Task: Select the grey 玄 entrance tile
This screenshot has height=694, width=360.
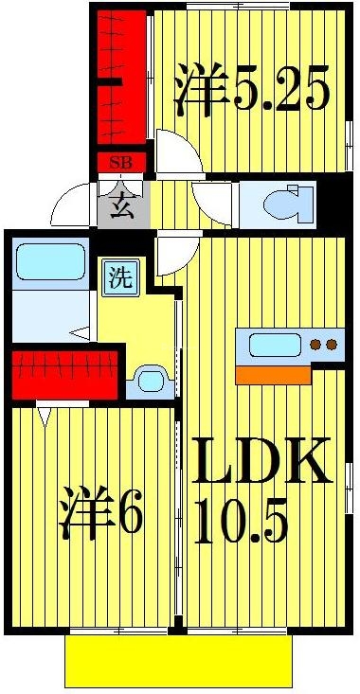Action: coord(122,205)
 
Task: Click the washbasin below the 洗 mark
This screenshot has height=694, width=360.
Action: coord(150,382)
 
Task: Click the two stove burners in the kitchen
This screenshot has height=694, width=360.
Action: coord(324,345)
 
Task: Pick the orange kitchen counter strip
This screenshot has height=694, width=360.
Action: coord(273,375)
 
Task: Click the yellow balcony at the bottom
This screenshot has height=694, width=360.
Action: coord(177,660)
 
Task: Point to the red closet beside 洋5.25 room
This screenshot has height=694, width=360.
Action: coord(122,80)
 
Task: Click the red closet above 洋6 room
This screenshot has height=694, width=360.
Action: coord(64,374)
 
